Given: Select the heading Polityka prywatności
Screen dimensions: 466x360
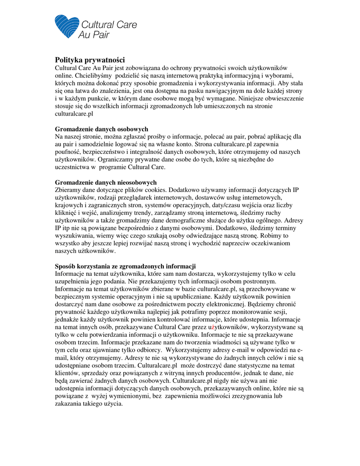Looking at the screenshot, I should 90,60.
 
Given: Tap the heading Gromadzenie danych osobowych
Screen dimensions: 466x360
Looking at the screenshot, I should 101,129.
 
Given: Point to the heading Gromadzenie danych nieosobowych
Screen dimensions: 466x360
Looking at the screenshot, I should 106,182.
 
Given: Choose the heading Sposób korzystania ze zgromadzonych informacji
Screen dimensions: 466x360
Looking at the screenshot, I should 125,266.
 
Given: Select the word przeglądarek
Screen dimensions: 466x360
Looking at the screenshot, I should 139,198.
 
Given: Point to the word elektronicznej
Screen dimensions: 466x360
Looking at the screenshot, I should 226,304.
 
